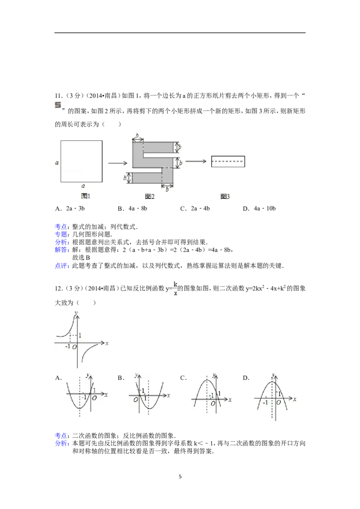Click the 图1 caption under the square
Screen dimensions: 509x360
click(x=85, y=196)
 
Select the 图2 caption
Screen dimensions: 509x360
click(x=150, y=196)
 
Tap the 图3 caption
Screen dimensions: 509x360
click(x=225, y=196)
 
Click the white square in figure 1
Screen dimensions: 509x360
click(x=81, y=161)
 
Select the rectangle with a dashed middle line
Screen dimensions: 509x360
click(x=228, y=161)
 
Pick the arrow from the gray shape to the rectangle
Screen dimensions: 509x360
click(x=196, y=161)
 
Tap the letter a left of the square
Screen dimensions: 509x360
click(x=57, y=163)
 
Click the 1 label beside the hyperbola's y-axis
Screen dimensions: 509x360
click(x=80, y=335)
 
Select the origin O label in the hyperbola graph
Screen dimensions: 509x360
click(x=74, y=347)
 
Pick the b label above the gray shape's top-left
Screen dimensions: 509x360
click(x=137, y=134)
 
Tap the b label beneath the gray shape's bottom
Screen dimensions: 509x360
click(x=167, y=190)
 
